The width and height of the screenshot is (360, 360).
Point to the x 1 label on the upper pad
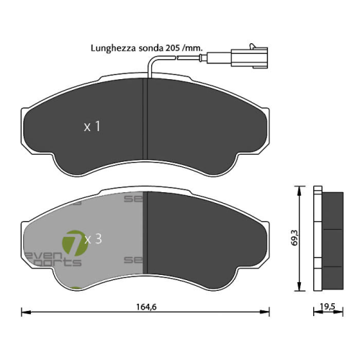91,127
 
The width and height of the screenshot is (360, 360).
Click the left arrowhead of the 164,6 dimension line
23,312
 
